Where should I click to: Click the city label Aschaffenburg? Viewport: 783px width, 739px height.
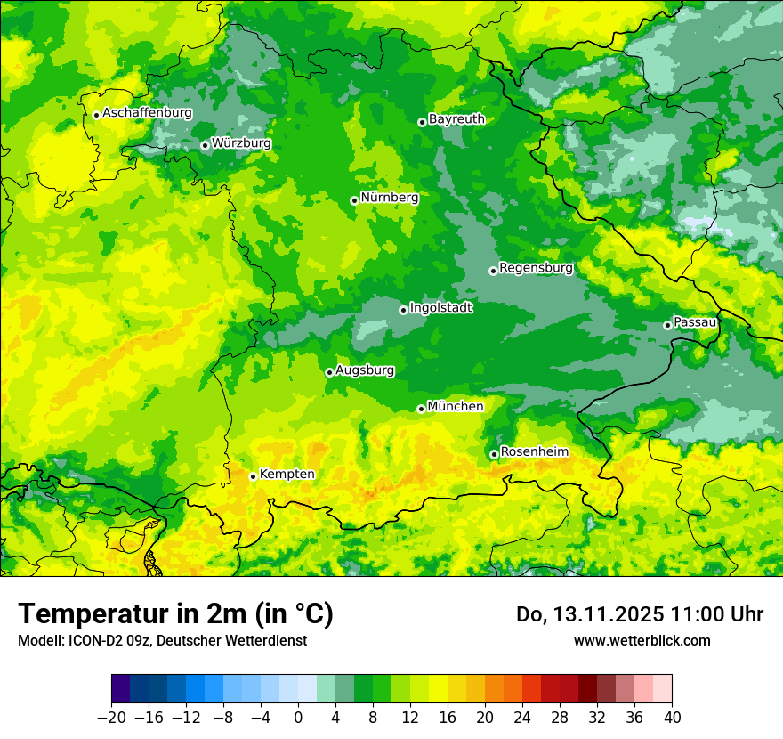pos(147,113)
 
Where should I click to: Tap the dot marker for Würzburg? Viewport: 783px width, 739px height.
pos(205,145)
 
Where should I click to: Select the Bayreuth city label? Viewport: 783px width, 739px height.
pos(456,119)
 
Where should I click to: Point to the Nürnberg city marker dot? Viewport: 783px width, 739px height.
pos(354,200)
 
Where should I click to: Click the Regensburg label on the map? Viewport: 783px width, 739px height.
pos(536,267)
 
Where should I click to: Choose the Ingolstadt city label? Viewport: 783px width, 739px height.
pos(440,308)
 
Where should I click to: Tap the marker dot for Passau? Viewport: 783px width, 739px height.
pos(667,325)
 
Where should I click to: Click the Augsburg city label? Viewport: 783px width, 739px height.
pos(365,370)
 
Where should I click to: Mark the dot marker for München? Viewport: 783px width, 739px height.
pos(421,409)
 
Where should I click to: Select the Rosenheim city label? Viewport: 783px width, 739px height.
pos(534,452)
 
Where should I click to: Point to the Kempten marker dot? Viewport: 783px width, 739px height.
pos(253,476)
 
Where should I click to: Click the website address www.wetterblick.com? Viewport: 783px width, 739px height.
pos(642,640)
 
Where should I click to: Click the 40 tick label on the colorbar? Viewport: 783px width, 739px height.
pos(672,718)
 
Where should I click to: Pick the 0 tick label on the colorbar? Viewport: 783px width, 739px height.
pos(298,718)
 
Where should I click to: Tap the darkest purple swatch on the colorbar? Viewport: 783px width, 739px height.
pos(121,689)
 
